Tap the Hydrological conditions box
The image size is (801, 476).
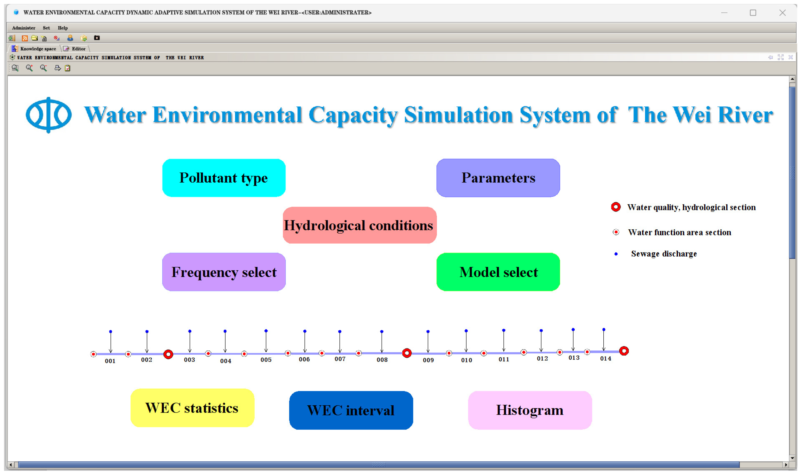[x=359, y=225]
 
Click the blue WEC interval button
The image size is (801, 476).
[x=351, y=410]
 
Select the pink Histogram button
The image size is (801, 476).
[x=529, y=410]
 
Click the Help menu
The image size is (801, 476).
[x=63, y=28]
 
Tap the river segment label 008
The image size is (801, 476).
[x=382, y=360]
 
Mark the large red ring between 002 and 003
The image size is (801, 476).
[x=168, y=354]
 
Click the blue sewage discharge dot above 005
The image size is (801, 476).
[x=266, y=331]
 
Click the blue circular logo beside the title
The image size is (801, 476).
[x=49, y=115]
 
